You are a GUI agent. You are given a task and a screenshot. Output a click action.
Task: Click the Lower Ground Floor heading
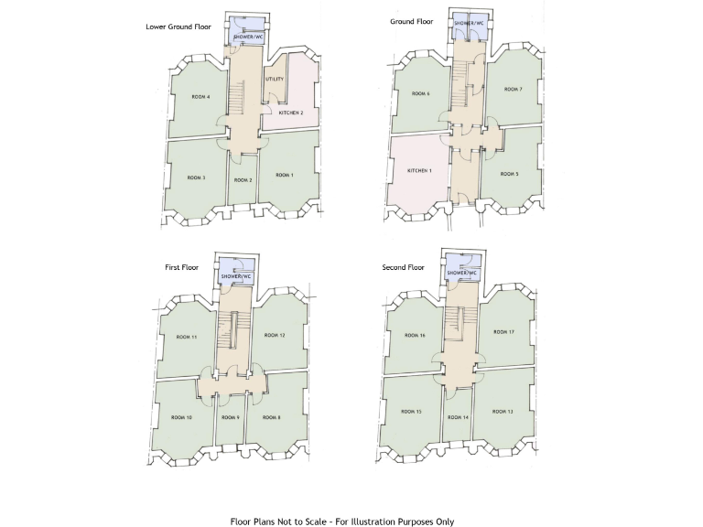[178, 27]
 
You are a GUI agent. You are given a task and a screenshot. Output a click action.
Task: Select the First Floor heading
[181, 267]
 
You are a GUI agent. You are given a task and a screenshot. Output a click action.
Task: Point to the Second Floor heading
[404, 267]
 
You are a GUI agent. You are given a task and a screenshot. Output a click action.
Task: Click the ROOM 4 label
[200, 97]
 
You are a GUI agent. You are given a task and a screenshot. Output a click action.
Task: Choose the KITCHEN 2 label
[291, 112]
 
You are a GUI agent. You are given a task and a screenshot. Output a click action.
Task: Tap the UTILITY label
[275, 80]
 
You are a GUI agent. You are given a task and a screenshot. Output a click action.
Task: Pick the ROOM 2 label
[243, 180]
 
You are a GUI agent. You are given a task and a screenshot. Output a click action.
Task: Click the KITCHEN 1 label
[419, 171]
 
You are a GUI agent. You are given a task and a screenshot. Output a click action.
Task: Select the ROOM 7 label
[514, 90]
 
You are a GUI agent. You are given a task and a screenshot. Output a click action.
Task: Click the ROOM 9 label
[231, 417]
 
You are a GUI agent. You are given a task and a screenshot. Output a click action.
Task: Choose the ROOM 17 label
[503, 332]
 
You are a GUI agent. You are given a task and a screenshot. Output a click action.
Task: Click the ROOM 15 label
[412, 412]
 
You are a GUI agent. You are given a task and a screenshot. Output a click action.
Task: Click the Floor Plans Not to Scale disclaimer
[341, 521]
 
